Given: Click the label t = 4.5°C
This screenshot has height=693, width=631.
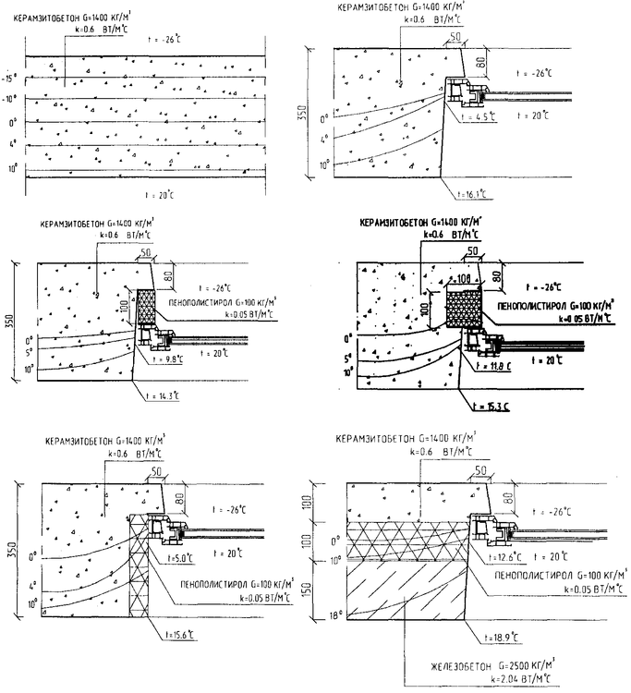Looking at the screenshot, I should click(x=479, y=116).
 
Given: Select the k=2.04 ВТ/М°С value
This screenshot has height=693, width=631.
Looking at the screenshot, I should click(x=521, y=678).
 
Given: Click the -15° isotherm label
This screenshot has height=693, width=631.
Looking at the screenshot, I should click(x=12, y=79).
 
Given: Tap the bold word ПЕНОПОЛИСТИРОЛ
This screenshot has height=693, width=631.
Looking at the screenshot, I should click(x=537, y=304).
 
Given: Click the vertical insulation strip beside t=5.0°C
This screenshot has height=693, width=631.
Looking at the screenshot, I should click(x=140, y=582).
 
